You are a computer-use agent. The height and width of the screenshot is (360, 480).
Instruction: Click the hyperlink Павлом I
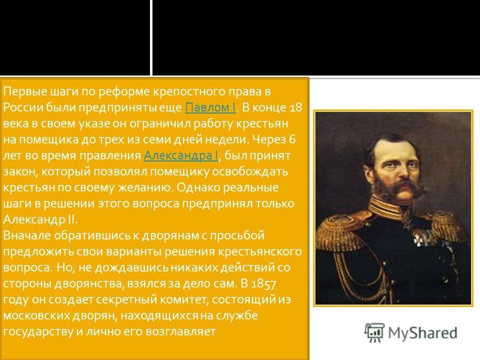[211, 107]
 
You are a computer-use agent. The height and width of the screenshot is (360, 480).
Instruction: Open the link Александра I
[181, 155]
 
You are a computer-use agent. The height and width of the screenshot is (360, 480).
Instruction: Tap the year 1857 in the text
[263, 284]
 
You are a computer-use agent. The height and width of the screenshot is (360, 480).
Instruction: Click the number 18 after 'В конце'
[295, 107]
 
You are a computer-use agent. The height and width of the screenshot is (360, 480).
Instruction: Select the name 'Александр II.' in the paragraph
[40, 220]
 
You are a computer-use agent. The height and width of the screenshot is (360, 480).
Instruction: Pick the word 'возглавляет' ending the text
[181, 332]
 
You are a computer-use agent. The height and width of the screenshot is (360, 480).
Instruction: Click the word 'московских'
[36, 316]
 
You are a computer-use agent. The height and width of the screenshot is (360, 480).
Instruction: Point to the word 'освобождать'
[250, 172]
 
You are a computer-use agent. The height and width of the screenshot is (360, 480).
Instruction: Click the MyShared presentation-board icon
[374, 332]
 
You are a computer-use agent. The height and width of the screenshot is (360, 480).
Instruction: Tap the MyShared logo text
[422, 333]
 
